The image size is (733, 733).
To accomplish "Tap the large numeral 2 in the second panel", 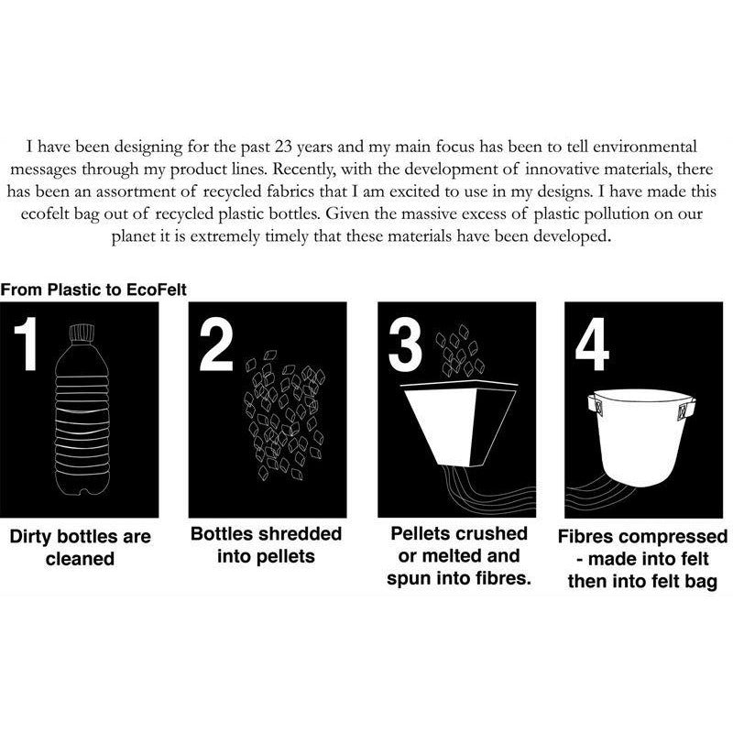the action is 216,345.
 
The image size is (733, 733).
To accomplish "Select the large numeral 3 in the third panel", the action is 405,345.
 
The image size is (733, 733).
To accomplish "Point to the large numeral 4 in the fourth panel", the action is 592,345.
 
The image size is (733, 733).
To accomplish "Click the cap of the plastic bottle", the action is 82,334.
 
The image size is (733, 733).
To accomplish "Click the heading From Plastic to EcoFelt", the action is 93,290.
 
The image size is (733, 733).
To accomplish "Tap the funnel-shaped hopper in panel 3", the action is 461,423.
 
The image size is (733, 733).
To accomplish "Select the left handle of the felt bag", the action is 595,405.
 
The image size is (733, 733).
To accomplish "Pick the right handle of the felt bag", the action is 684,409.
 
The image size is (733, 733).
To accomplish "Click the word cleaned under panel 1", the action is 80,559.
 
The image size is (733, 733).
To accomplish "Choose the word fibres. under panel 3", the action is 503,578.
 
